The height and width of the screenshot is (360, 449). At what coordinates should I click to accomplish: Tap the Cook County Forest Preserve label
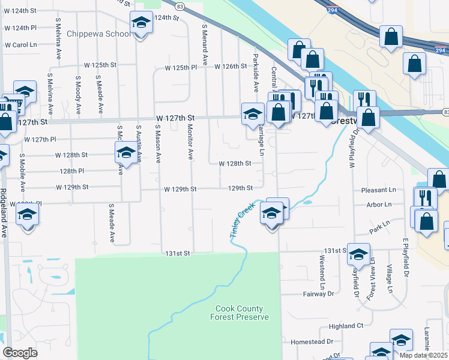(239, 313)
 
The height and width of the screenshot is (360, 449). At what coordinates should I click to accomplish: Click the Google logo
(20, 353)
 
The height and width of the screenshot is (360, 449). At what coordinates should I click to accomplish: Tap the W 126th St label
(231, 66)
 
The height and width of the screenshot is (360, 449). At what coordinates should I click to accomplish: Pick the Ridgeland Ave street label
(4, 214)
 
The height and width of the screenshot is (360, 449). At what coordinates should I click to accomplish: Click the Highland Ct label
(346, 326)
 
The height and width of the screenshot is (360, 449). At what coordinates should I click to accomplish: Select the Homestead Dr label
(312, 341)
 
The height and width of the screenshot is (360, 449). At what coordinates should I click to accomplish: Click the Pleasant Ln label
(379, 190)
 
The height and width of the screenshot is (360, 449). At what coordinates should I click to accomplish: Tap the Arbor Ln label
(379, 205)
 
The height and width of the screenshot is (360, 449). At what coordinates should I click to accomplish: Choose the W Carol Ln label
(21, 45)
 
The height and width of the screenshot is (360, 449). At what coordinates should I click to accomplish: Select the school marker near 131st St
(358, 256)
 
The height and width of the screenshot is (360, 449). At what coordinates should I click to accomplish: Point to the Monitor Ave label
(190, 142)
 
